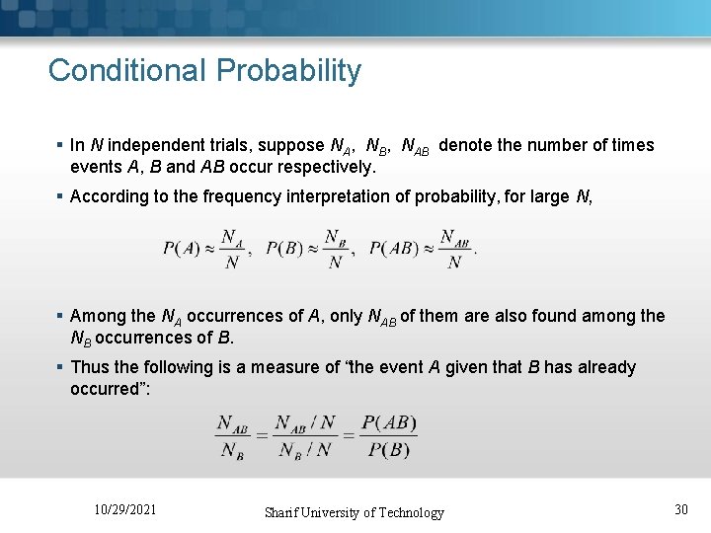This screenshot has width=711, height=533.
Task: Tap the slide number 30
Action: click(x=680, y=509)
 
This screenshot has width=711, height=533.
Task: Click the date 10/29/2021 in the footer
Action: click(x=124, y=509)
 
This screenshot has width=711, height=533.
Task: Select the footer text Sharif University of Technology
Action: click(x=354, y=512)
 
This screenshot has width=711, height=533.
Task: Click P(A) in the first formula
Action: click(x=182, y=249)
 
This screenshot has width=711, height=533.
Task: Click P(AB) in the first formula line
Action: click(x=395, y=249)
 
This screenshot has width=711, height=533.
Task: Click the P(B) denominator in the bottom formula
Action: click(x=389, y=450)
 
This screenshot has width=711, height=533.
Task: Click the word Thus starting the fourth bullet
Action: click(x=90, y=367)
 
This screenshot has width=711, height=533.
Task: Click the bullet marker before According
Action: click(x=60, y=196)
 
